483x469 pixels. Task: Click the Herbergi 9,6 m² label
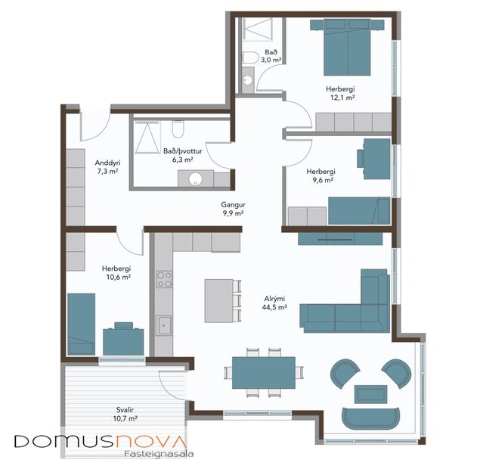[x=321, y=176]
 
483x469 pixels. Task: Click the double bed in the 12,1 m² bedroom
[x=348, y=48]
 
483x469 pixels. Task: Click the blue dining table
[x=262, y=371]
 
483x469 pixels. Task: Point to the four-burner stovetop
[x=163, y=281]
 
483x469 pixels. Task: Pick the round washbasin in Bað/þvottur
[x=195, y=179]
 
